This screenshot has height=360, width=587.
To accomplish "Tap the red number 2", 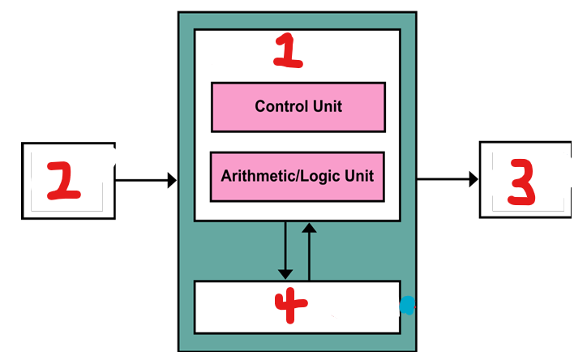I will [x=63, y=180].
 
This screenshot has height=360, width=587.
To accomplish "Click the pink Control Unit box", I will [x=298, y=106].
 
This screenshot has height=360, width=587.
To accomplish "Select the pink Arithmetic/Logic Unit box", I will [x=298, y=176].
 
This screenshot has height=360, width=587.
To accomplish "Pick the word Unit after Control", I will [x=328, y=106].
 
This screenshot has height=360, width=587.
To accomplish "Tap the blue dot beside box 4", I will [x=407, y=305].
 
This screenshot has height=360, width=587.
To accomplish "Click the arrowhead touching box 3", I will [x=473, y=179].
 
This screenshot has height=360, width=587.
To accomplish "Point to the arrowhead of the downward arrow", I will [x=285, y=272].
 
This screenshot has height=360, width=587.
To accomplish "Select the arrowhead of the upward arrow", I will [x=309, y=227].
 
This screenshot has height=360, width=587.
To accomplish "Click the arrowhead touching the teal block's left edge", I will [x=172, y=180].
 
